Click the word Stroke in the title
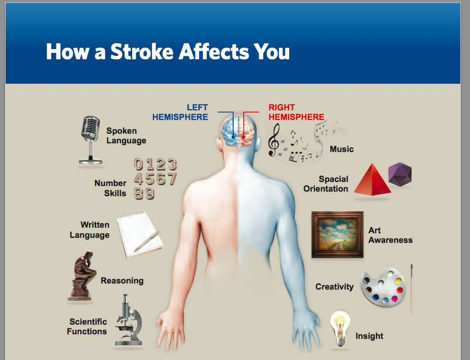142,51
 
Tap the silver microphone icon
90,140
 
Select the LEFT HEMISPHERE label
180,112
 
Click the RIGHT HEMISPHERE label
296,112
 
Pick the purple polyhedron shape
400,174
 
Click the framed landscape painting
337,235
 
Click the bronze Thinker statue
81,276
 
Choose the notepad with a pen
140,235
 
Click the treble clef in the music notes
273,140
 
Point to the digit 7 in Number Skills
172,179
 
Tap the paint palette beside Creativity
383,287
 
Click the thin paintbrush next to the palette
412,288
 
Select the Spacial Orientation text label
326,184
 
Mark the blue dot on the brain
233,137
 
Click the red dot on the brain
244,137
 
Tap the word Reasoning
122,281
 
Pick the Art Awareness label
390,235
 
